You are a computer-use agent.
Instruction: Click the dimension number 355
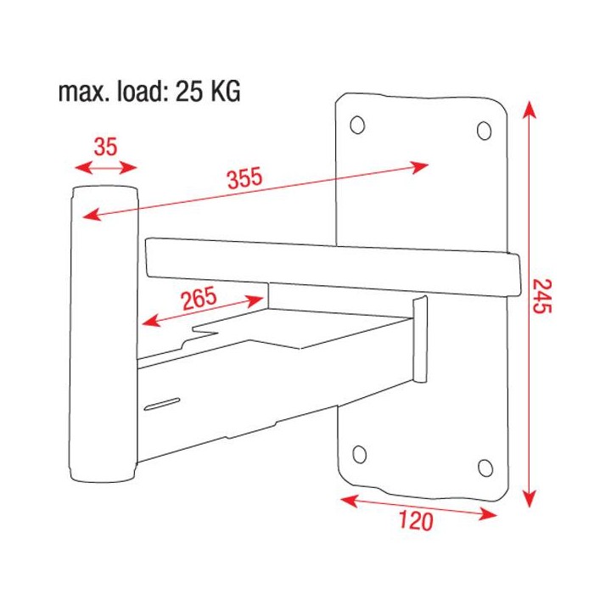(244, 179)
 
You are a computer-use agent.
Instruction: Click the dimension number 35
(105, 147)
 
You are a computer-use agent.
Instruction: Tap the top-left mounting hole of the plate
(357, 125)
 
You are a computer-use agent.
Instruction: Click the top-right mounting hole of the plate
(484, 131)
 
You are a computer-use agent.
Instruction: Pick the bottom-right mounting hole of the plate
(485, 468)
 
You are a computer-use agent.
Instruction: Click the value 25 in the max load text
(191, 92)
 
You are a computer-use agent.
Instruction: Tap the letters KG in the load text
(225, 92)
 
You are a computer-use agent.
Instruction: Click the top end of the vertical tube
(104, 191)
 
